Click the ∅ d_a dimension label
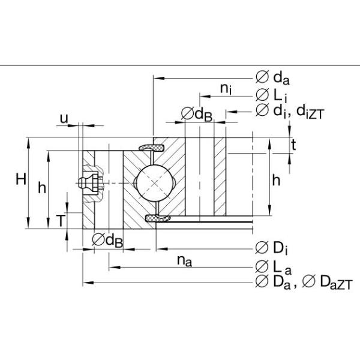pyautogui.click(x=273, y=77)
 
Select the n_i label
pyautogui.click(x=226, y=89)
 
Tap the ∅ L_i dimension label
pyautogui.click(x=271, y=95)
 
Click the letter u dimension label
pyautogui.click(x=63, y=118)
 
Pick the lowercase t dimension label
pyautogui.click(x=293, y=144)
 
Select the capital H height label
pyautogui.click(x=20, y=179)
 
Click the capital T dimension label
pyautogui.click(x=61, y=221)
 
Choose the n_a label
pyautogui.click(x=184, y=260)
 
